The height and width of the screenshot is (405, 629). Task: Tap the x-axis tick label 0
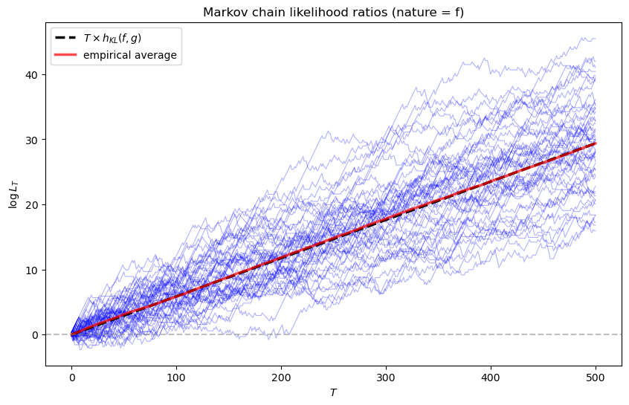(71, 377)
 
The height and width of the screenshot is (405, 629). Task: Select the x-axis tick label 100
(176, 377)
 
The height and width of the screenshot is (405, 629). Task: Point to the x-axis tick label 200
(281, 377)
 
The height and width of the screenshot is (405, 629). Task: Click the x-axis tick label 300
(386, 377)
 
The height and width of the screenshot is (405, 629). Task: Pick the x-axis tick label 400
(491, 377)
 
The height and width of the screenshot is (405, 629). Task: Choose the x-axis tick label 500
(596, 377)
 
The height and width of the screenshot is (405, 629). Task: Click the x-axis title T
(333, 392)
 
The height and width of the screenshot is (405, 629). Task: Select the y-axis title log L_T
(13, 194)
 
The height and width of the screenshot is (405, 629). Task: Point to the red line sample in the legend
(65, 56)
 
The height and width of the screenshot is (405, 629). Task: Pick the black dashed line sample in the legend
(65, 39)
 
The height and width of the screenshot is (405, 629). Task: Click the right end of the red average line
(595, 143)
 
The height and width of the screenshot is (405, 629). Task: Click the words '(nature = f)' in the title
(430, 12)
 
